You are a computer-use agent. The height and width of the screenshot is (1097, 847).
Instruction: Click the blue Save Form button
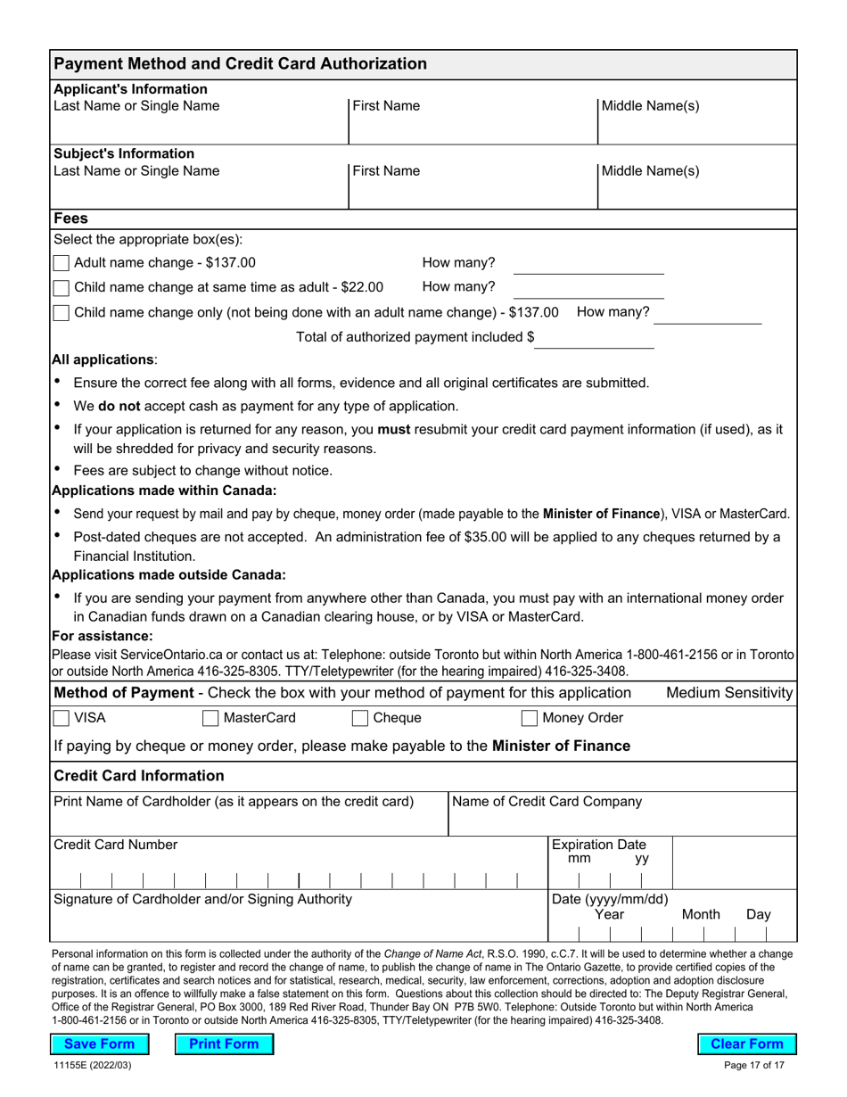click(100, 1043)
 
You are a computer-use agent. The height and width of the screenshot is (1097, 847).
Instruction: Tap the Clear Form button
click(746, 1043)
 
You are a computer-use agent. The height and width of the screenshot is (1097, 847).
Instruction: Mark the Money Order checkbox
click(530, 718)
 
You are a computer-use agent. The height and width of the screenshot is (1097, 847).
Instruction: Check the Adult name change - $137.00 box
click(61, 263)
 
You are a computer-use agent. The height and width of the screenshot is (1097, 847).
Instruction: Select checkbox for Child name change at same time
click(61, 288)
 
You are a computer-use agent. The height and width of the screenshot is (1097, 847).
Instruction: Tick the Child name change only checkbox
click(61, 313)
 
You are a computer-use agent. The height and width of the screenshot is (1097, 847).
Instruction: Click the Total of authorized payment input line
click(594, 338)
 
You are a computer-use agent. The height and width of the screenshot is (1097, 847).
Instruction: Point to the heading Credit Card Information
click(139, 775)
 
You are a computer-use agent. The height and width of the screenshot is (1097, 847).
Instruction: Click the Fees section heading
click(71, 219)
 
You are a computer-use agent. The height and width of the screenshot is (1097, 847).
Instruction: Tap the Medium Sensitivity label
click(729, 693)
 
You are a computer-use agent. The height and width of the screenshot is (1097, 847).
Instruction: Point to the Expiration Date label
click(598, 845)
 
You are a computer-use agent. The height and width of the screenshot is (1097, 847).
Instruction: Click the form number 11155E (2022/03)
click(92, 1065)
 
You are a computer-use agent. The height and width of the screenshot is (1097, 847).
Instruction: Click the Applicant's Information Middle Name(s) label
click(650, 106)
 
